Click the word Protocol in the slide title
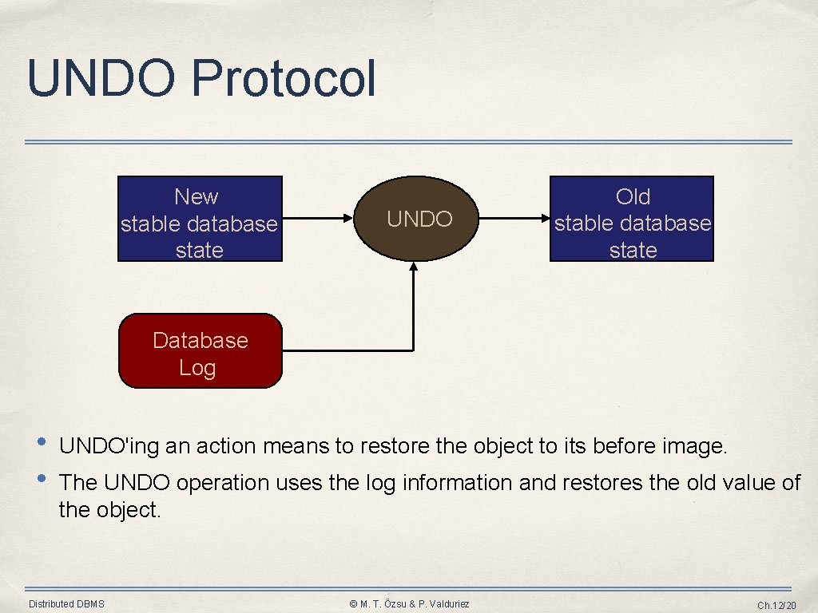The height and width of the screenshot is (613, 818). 283,79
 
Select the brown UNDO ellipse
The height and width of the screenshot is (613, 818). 419,219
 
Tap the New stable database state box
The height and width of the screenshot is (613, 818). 200,219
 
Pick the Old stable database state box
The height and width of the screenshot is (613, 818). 632,219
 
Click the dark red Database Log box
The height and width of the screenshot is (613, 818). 200,351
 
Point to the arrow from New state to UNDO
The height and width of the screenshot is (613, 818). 320,217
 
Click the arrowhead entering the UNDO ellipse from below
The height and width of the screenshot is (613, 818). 414,268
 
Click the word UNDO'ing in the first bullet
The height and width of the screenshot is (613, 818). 109,446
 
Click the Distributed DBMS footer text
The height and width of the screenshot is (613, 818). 66,604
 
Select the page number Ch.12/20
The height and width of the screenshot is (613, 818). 776,605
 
